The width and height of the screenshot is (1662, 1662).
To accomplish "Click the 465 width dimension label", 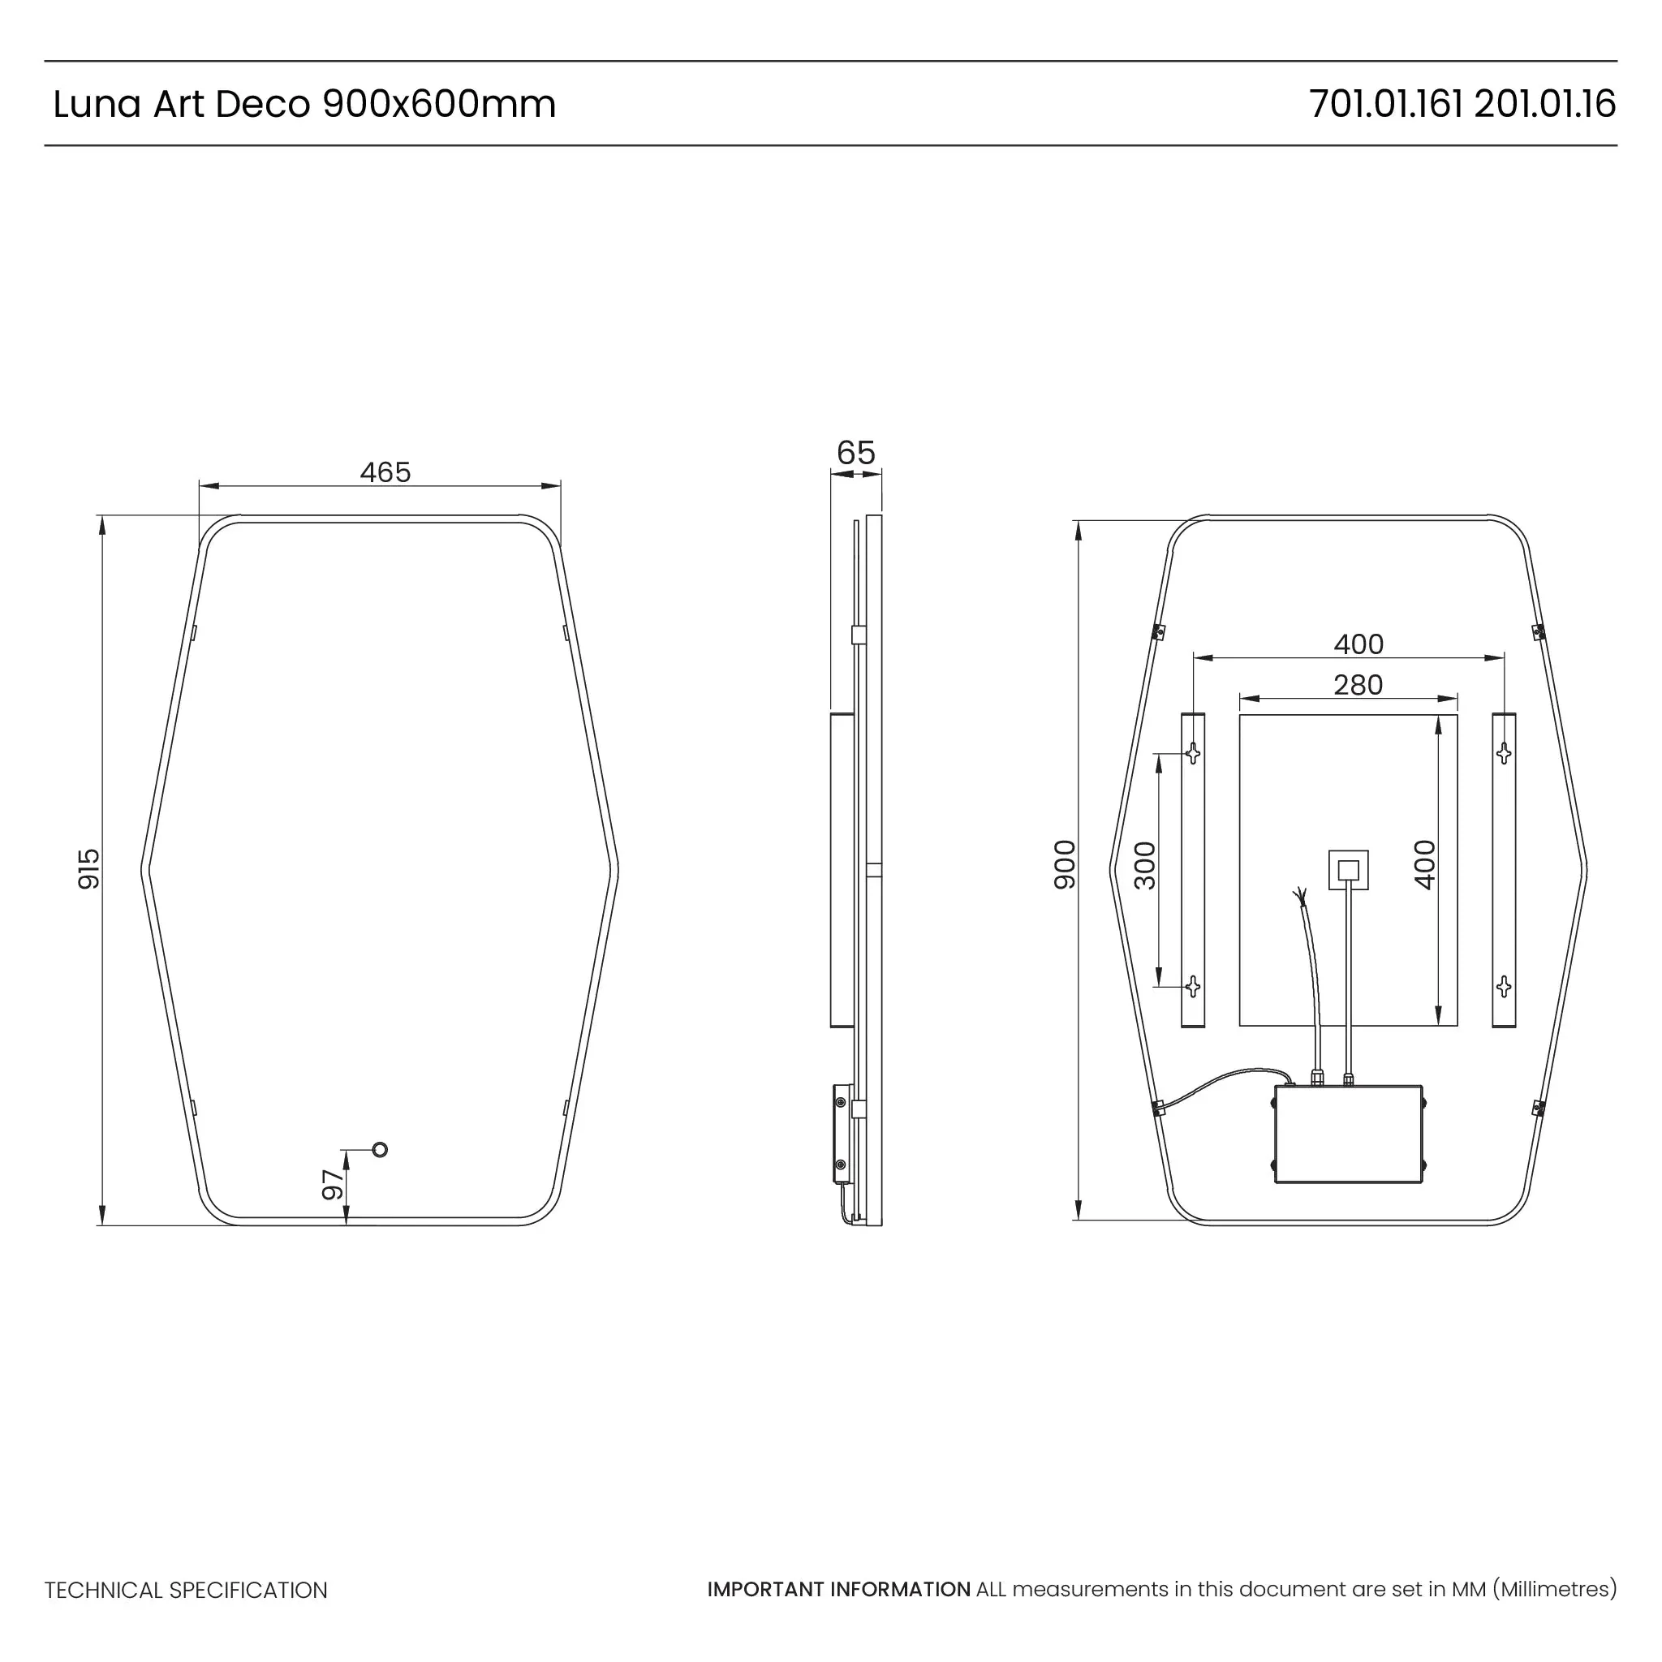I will coord(385,472).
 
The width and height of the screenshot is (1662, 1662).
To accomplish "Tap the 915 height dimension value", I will coord(88,869).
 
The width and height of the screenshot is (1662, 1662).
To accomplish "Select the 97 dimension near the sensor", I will coord(332,1185).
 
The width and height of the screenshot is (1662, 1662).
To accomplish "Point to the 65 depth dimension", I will coord(855,453).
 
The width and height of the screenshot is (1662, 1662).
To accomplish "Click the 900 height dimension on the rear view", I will coord(1064,864).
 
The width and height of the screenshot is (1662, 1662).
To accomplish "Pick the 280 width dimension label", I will coord(1358,685).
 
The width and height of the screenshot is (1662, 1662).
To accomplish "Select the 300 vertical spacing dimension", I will coord(1145,865).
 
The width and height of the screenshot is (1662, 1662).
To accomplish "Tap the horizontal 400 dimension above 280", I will coord(1358,644).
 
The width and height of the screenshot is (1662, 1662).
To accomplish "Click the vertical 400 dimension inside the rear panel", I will coord(1424,864).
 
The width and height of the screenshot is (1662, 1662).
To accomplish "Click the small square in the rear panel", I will coord(1348,870).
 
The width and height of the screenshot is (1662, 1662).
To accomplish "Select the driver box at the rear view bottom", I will coord(1348,1134).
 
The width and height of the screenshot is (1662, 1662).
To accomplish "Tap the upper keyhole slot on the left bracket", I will coord(1192,754).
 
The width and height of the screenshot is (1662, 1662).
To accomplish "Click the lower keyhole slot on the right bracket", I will coord(1504,986).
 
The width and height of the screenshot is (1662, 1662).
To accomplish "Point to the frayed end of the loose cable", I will coord(1300,898).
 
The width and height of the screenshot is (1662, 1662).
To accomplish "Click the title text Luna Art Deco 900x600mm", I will coord(304,104).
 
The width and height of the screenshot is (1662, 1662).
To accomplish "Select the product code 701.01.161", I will coord(1386,104).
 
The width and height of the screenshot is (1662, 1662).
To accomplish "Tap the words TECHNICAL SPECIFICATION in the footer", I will coord(186,1590).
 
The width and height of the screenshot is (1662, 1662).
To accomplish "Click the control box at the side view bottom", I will coord(841,1134).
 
